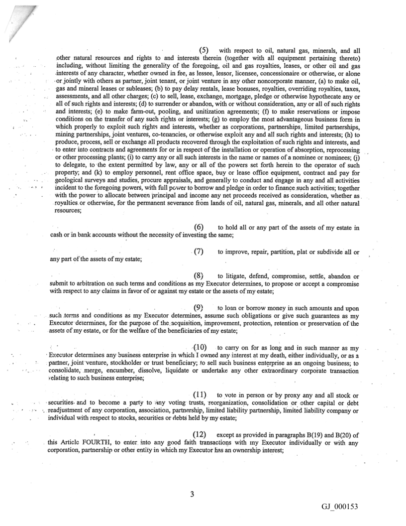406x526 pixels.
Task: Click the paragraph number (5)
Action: [203, 50]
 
